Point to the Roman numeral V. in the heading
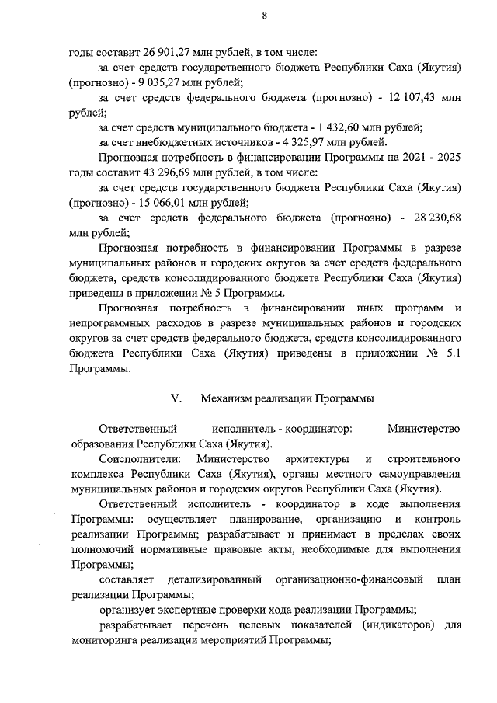[176, 398]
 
